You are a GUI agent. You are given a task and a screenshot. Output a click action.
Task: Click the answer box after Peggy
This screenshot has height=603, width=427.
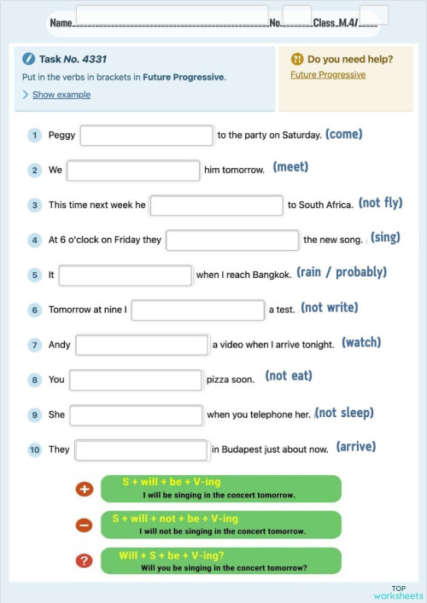pos(146,136)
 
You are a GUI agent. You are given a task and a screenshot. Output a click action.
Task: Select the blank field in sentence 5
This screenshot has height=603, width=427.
pos(126,275)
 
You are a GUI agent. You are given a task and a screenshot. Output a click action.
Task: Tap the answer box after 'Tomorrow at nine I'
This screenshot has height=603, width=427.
pos(197,310)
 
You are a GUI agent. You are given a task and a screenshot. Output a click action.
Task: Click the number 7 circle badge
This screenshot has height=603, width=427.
pos(35,345)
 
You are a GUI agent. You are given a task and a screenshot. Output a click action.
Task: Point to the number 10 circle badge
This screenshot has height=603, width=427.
pos(35,449)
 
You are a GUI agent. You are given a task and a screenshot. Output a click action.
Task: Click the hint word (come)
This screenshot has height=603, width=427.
pos(344,135)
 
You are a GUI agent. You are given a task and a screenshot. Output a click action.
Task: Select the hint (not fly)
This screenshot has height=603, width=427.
pos(380,203)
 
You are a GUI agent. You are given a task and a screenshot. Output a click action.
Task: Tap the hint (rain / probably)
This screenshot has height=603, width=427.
pos(342,273)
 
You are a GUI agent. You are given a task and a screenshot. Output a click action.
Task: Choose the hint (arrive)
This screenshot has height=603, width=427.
pos(356,447)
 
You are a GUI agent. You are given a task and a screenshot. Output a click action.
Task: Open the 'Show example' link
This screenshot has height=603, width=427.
pos(61,95)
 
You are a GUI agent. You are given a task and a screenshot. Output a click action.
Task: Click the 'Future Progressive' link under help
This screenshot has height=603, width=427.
pos(328,75)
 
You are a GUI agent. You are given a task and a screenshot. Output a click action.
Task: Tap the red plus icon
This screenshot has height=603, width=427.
pos(84,490)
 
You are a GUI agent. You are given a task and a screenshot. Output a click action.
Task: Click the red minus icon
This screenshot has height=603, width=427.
pos(84,525)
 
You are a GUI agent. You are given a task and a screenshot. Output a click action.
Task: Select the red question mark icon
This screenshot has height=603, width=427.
pos(84,560)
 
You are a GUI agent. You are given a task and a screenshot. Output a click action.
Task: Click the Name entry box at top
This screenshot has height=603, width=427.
pos(172,15)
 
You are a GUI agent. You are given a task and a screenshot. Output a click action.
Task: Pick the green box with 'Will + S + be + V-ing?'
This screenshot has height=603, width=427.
pos(221,560)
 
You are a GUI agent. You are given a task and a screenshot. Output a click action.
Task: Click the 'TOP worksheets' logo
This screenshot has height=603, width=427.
pos(398,592)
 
